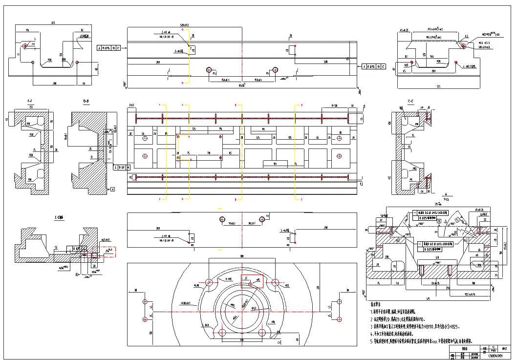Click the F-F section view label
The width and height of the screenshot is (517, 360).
[30, 102]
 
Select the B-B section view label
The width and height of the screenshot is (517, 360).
[86, 102]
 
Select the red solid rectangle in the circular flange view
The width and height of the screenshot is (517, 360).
[252, 281]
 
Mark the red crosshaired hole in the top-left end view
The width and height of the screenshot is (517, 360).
[24, 46]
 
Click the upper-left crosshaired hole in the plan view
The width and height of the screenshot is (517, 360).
[145, 138]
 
